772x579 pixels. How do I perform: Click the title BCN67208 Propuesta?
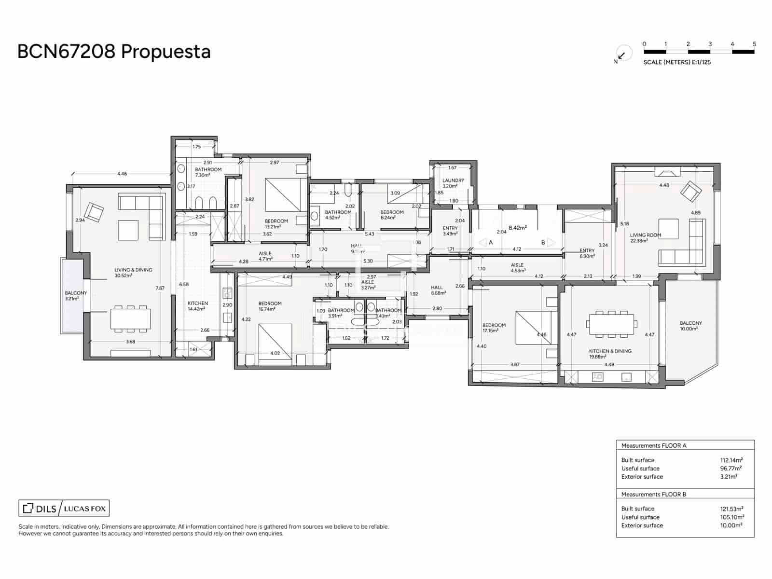(x=114, y=51)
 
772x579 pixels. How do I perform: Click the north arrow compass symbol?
(x=622, y=55)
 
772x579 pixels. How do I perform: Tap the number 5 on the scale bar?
(x=754, y=44)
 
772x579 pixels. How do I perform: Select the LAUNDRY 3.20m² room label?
(x=453, y=183)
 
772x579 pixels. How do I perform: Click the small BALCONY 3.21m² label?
(x=76, y=295)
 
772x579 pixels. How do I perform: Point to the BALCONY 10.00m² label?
(x=690, y=326)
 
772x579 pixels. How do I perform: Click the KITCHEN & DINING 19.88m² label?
(x=610, y=354)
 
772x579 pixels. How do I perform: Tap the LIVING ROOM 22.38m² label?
(x=645, y=237)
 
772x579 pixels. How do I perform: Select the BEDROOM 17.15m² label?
(x=494, y=328)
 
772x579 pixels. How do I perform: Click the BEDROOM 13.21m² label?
(x=276, y=223)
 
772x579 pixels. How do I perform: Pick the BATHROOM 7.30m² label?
(x=208, y=172)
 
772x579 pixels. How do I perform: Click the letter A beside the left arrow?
(x=491, y=242)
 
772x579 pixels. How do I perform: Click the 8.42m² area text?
(x=517, y=228)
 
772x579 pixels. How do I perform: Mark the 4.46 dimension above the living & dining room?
(x=122, y=174)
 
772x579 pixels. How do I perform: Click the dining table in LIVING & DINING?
(x=130, y=319)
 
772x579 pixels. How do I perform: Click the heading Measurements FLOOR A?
(x=653, y=445)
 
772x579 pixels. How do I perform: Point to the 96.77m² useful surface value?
(x=731, y=468)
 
